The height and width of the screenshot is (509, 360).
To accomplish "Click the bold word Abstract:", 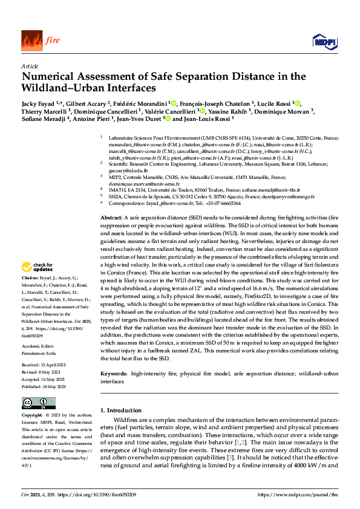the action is tap(111, 217).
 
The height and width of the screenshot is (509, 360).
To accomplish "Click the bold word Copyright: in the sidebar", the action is tap(32, 416).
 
